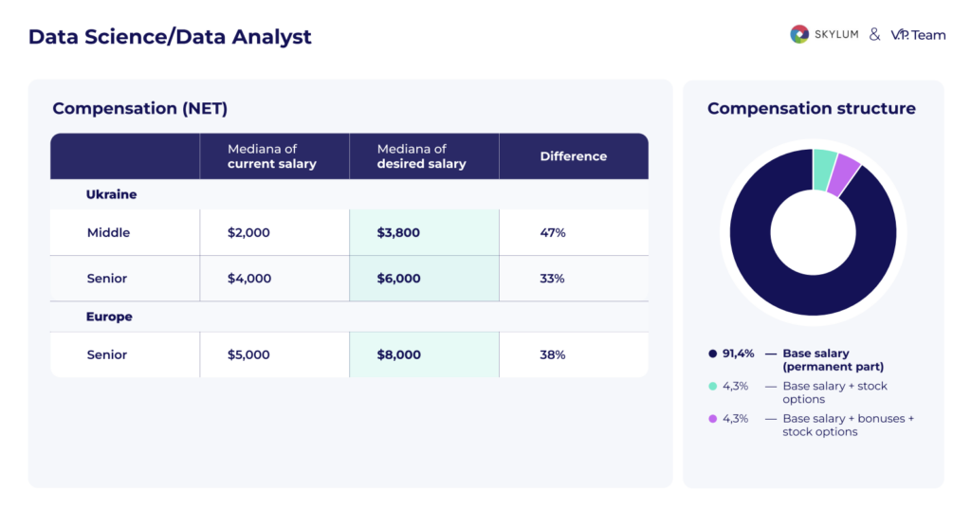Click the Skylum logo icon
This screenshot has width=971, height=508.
point(799,34)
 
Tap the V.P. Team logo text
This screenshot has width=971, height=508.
point(918,34)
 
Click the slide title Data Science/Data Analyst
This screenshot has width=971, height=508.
point(170,37)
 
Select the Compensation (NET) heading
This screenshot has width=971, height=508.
point(140,108)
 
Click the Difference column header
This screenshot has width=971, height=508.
point(574,156)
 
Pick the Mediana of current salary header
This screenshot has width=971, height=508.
point(272,156)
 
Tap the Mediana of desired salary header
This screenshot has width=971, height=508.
point(422,156)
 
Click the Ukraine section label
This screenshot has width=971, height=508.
point(112,194)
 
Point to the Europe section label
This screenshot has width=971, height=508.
point(109,317)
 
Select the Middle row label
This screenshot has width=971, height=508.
point(108,232)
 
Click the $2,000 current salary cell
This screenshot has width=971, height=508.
point(248,232)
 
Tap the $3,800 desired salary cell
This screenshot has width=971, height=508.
point(398,232)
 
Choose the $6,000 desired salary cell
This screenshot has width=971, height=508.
point(398,279)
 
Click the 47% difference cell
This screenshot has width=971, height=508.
point(553,232)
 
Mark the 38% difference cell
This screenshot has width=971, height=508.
point(553,354)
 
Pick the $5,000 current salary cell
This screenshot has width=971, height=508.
point(248,354)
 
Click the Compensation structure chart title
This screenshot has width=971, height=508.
point(812,108)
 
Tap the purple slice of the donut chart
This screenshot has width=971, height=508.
point(843,175)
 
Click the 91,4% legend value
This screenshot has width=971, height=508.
point(739,354)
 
